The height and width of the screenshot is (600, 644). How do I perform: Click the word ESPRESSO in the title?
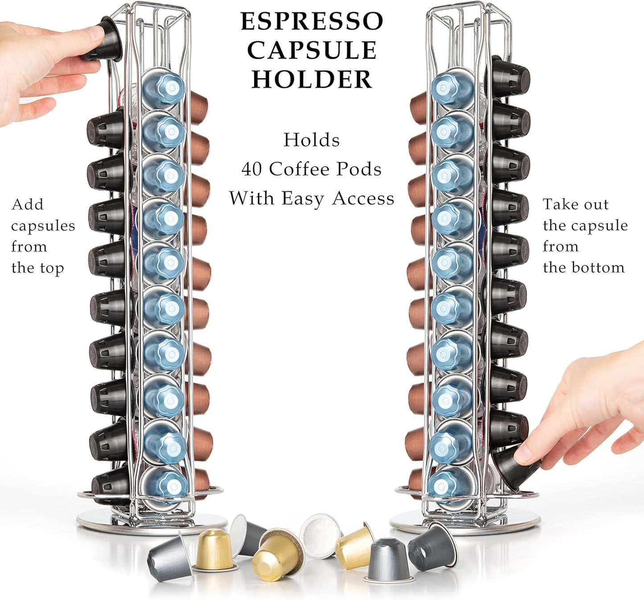312,21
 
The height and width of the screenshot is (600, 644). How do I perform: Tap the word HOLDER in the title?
312,79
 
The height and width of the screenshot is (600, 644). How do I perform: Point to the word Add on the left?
28,205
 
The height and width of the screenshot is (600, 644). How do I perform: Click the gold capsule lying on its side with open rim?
277,554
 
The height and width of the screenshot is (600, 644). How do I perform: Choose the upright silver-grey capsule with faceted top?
389,561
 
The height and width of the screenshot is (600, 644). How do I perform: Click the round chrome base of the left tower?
152,522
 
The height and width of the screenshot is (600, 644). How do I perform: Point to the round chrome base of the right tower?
466,522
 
